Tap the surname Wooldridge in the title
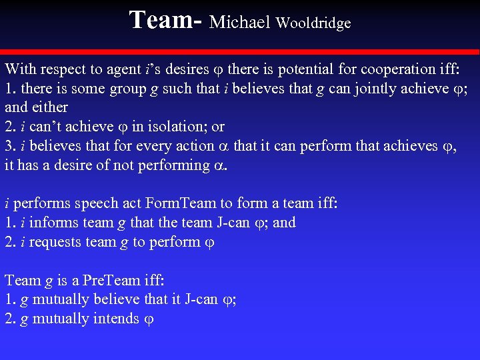pos(313,23)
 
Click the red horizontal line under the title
pos(240,52)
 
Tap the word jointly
pos(349,88)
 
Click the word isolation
pos(171,126)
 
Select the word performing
pos(173,165)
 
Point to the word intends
pos(117,319)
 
